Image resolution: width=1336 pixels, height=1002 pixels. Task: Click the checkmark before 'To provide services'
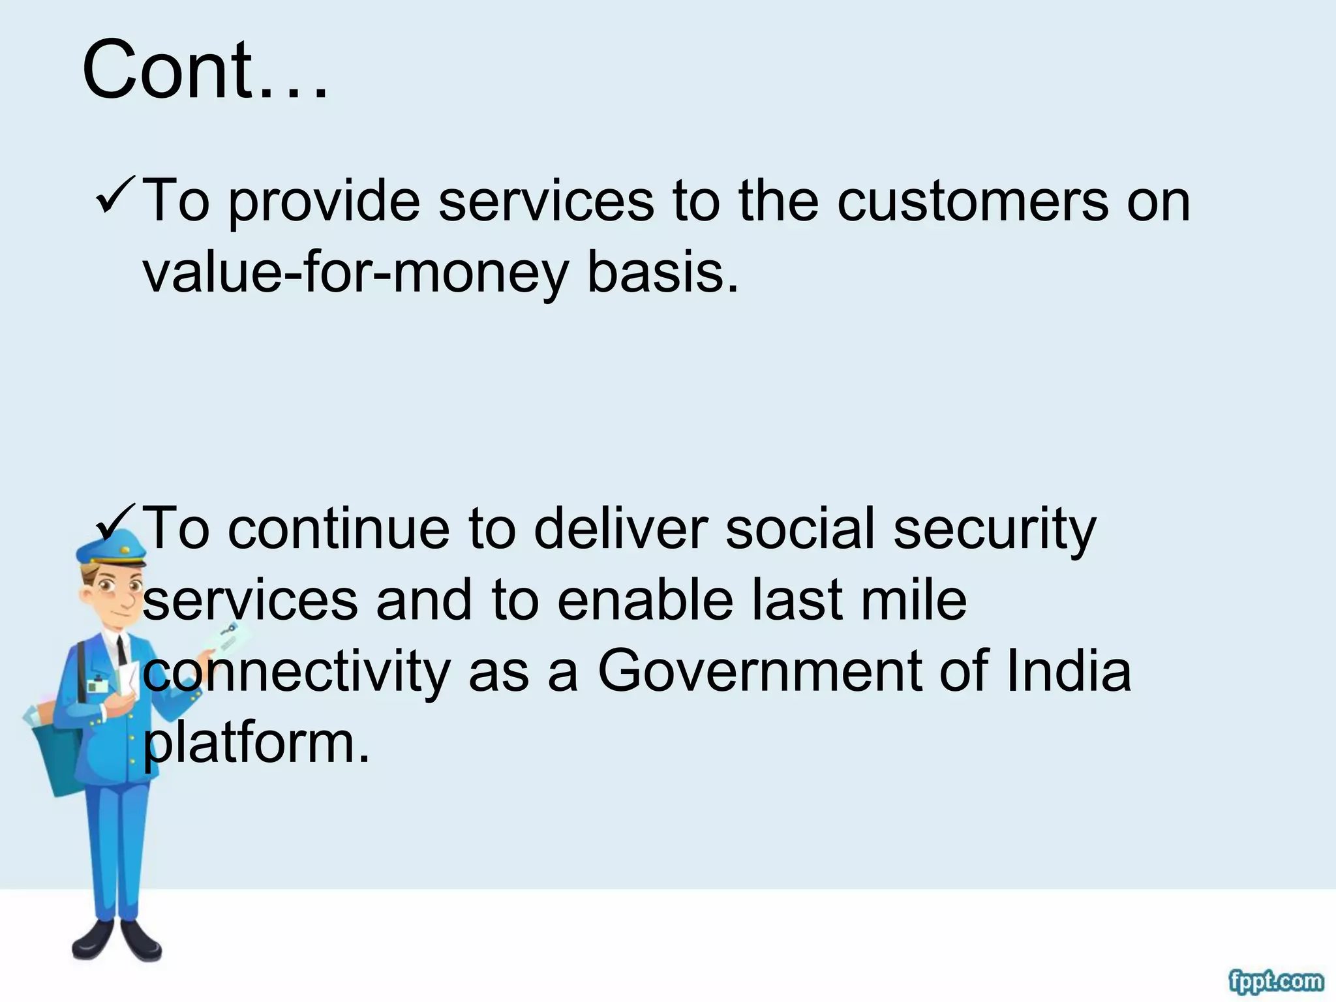tap(115, 197)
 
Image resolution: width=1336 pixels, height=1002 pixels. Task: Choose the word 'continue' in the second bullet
tap(339, 528)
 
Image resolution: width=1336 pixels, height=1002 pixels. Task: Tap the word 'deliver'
tap(620, 528)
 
